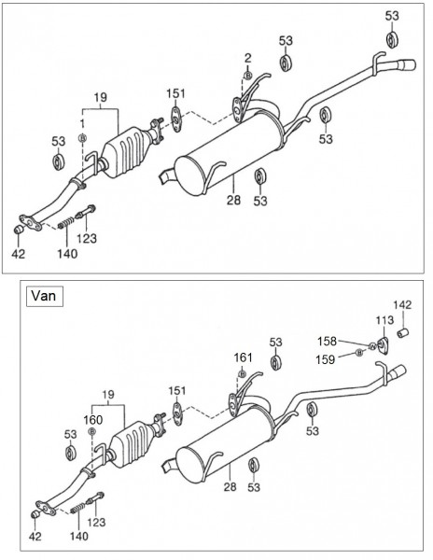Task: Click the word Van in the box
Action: coord(44,296)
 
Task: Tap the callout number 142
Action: coord(402,304)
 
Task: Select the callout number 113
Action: coord(384,320)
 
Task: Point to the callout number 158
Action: coord(327,342)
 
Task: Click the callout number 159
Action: coord(325,359)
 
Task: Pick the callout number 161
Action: coord(243,357)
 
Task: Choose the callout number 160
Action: coord(93,420)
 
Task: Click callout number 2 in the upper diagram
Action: coord(247,58)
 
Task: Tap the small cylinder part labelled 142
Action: coord(403,333)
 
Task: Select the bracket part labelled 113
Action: coord(383,345)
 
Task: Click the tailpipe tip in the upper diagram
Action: coord(407,66)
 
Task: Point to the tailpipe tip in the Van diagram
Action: coord(398,371)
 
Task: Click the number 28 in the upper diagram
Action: coord(233,200)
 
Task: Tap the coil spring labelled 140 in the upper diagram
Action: coord(66,223)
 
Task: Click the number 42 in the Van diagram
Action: coord(35,536)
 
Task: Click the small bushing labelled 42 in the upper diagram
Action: coord(19,230)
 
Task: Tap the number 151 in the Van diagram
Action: coord(177,391)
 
